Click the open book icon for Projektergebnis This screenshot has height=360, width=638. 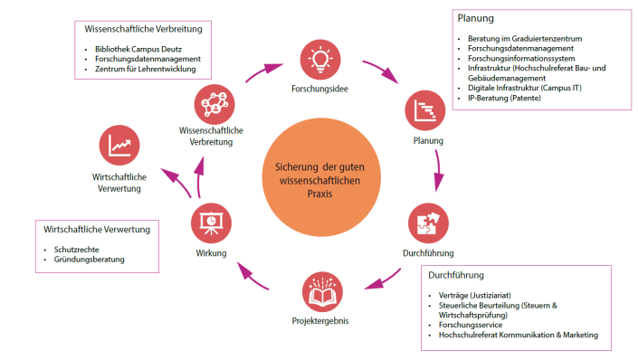click(323, 291)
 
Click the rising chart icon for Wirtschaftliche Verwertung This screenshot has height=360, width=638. click(119, 146)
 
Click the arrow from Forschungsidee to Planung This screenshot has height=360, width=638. click(379, 72)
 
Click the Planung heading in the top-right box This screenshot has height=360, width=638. click(477, 18)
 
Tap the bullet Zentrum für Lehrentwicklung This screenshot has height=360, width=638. click(150, 68)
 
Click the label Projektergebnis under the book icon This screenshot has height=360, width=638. click(321, 321)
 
